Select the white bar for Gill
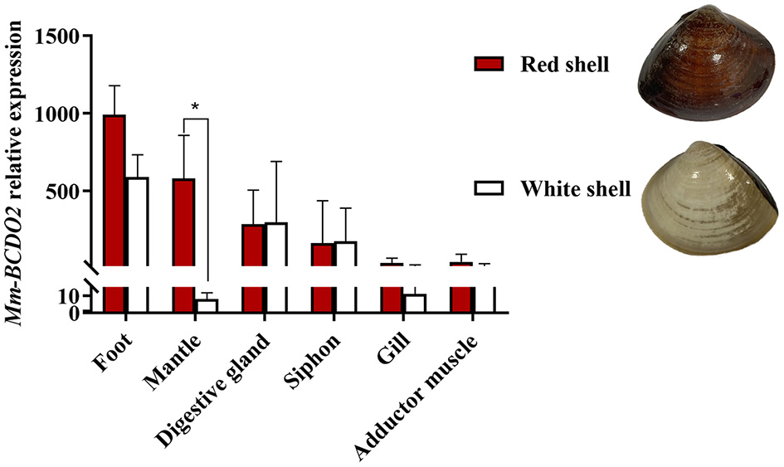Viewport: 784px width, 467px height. [415, 303]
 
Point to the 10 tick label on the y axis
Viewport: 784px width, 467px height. [71, 295]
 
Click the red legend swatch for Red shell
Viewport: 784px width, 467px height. [489, 64]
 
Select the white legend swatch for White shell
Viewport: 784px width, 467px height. [489, 188]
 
